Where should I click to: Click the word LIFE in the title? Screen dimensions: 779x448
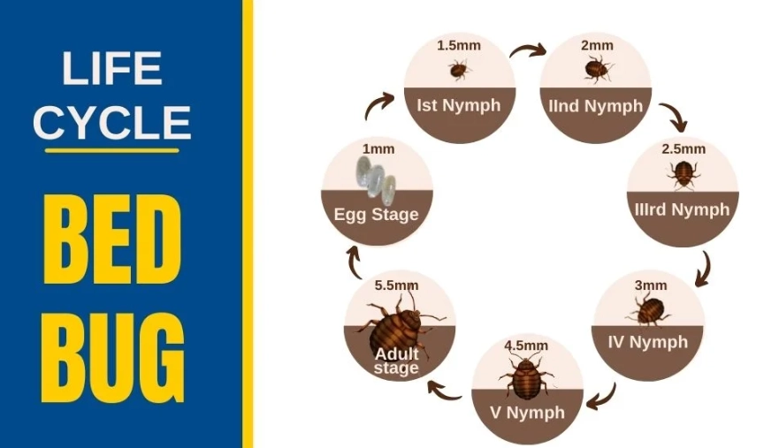(112, 68)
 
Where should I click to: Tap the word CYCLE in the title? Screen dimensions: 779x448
(112, 122)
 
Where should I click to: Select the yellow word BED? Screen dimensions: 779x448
(113, 238)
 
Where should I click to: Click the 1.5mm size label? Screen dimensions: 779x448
(457, 45)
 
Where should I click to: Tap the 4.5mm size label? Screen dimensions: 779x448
(525, 345)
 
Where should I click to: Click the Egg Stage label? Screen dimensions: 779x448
(377, 215)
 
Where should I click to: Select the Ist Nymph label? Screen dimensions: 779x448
(458, 106)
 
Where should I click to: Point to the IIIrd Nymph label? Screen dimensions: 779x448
(682, 210)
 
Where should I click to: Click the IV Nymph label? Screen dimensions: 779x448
(647, 342)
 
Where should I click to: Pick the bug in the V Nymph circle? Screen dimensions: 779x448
(526, 377)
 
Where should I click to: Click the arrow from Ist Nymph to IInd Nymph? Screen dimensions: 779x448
(528, 49)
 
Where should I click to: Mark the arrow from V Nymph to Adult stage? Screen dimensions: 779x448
(444, 389)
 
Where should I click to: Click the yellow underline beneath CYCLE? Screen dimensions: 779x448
(112, 150)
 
